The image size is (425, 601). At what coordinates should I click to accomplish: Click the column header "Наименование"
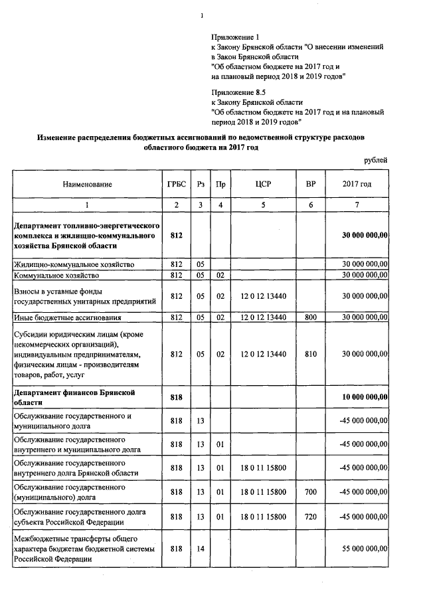(x=88, y=184)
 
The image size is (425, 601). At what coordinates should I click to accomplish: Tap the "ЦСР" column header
(x=264, y=184)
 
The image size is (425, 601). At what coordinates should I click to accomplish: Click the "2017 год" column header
(x=357, y=184)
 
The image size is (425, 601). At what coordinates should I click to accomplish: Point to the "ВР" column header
(x=310, y=184)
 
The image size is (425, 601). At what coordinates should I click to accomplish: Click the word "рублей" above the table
(x=376, y=160)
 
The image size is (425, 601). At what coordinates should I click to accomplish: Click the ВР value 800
(x=310, y=317)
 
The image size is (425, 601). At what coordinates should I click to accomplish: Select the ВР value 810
(x=310, y=355)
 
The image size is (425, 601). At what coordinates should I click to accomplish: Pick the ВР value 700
(x=310, y=492)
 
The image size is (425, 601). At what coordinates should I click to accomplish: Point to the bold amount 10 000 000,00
(x=364, y=397)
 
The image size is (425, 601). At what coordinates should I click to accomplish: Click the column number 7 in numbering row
(x=357, y=205)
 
